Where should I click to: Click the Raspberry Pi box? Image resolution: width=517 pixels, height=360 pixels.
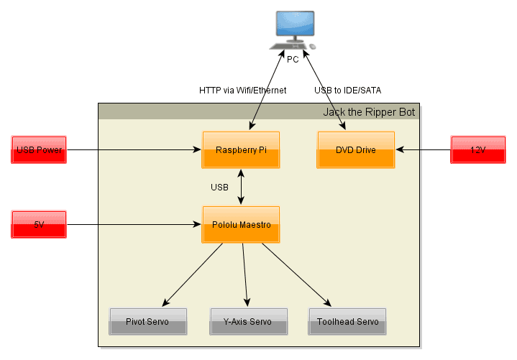click(x=240, y=150)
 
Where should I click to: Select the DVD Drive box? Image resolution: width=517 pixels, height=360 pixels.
click(x=356, y=150)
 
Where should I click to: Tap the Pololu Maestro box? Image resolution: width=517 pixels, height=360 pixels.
click(x=240, y=225)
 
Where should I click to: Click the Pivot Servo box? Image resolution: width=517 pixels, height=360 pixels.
click(x=147, y=321)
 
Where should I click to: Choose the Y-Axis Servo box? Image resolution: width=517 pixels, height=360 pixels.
click(x=248, y=321)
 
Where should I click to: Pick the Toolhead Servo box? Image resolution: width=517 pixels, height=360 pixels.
click(x=347, y=321)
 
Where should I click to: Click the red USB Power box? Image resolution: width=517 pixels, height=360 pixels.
click(x=39, y=150)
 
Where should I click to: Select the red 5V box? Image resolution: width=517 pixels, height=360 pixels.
click(x=39, y=225)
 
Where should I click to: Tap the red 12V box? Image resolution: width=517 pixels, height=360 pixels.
click(x=478, y=150)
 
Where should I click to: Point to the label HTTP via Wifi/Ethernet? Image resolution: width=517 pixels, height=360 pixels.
click(x=242, y=91)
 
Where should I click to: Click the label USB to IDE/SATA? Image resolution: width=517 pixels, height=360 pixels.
click(x=347, y=91)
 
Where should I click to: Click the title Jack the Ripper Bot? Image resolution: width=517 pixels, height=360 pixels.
click(x=368, y=112)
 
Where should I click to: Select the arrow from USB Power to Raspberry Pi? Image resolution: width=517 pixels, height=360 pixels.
click(x=133, y=150)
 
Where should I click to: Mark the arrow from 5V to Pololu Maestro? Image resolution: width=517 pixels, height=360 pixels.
click(x=133, y=225)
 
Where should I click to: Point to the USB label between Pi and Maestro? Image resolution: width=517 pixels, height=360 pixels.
click(x=219, y=188)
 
